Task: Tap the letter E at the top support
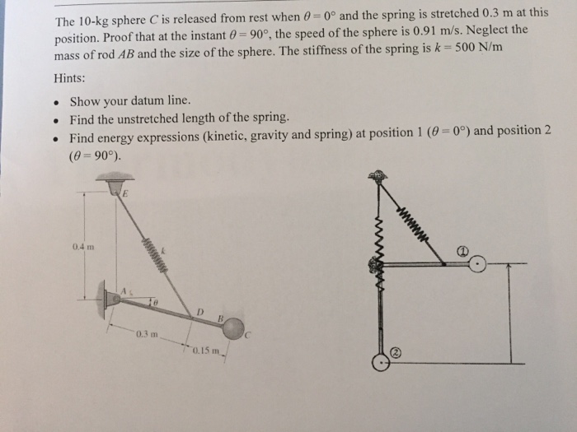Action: (x=126, y=195)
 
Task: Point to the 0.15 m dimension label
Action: (x=201, y=354)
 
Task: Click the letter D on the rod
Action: (x=199, y=310)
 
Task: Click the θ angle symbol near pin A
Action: (x=153, y=303)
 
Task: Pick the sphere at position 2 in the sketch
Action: (x=380, y=362)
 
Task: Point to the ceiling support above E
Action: (x=120, y=178)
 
